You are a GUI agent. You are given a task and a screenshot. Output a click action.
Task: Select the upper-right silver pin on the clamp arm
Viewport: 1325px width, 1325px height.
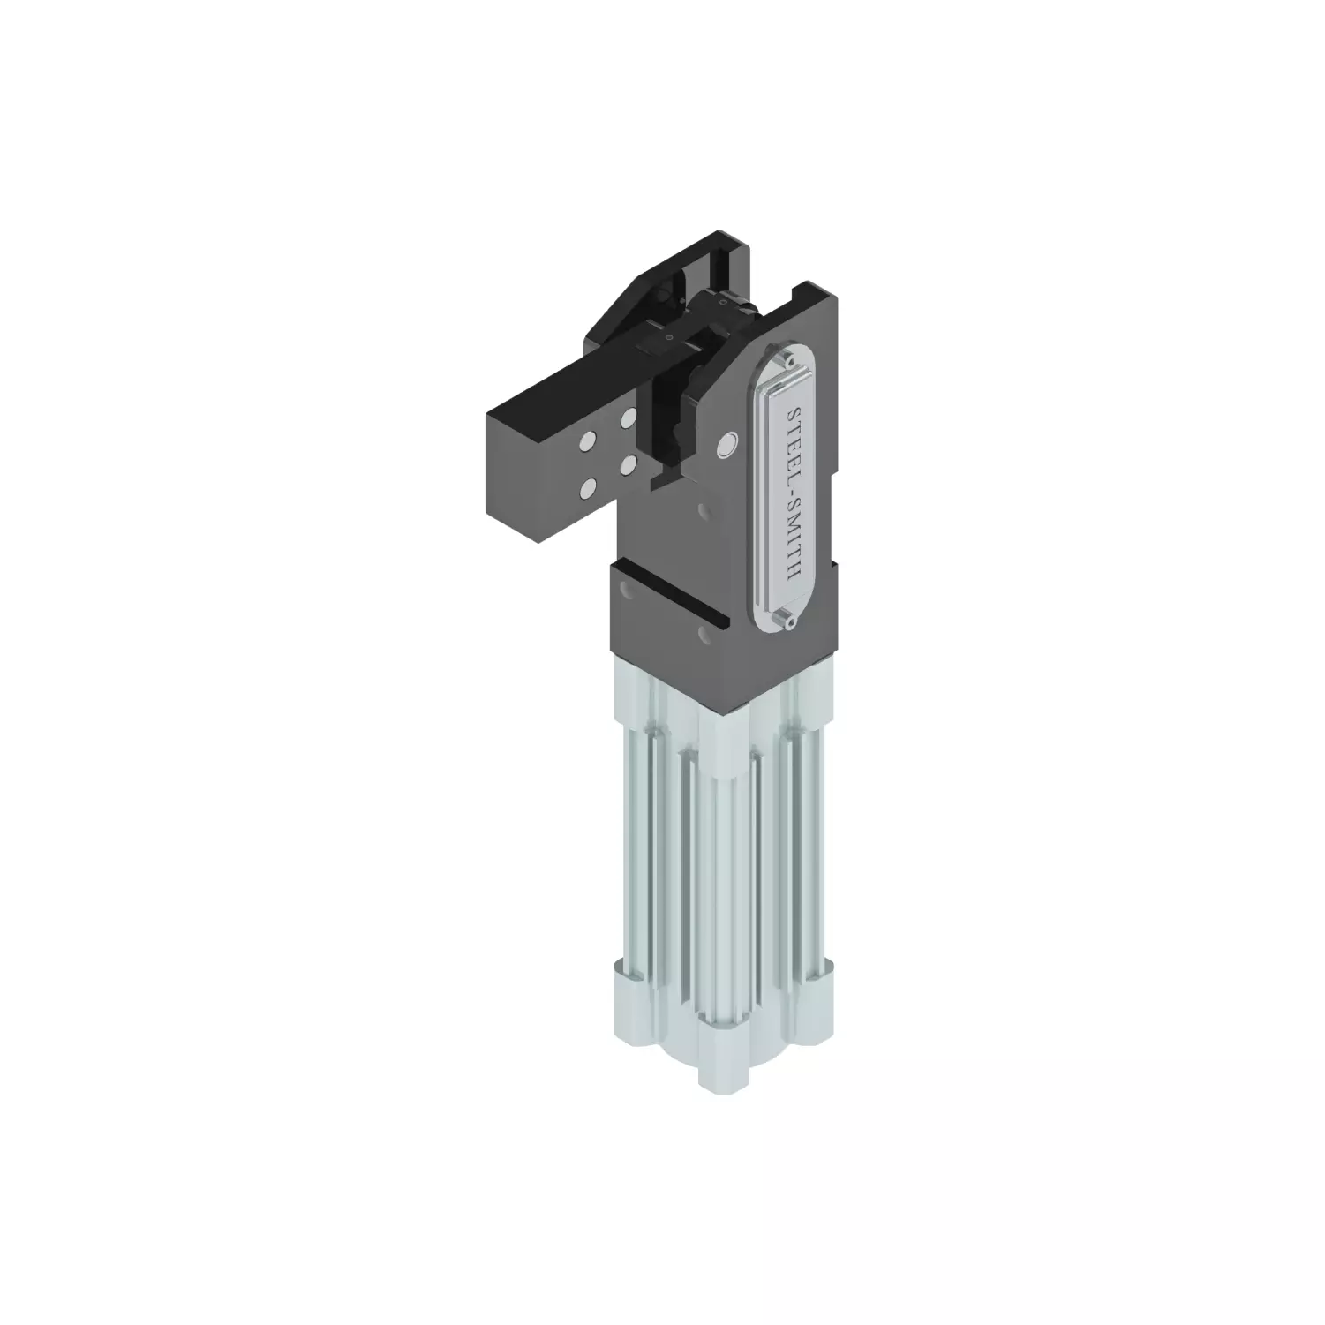[628, 415]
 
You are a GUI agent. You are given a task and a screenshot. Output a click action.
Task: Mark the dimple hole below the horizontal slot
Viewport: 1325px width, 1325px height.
[703, 635]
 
